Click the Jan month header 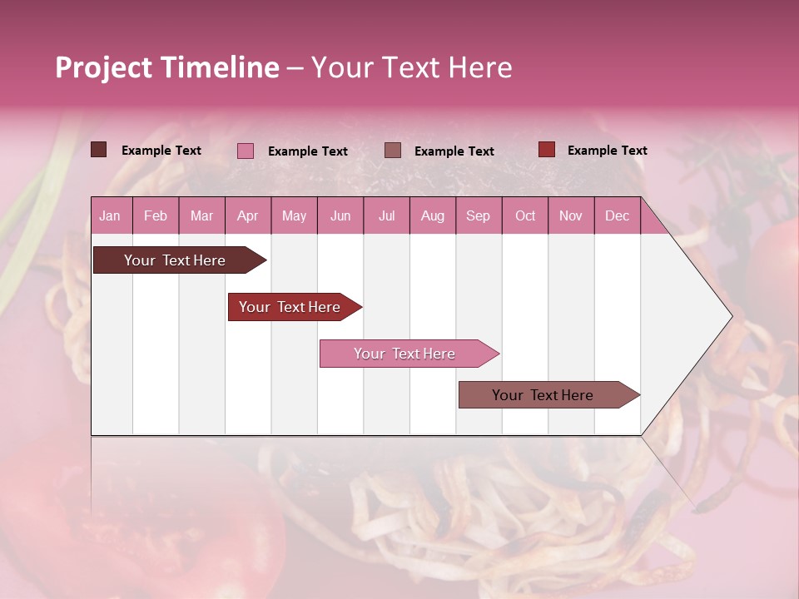(110, 216)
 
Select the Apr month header (247, 216)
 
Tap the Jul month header (386, 216)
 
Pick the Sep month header (478, 216)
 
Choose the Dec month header (617, 216)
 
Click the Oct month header (525, 216)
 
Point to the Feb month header (156, 216)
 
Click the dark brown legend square (99, 150)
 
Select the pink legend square (246, 151)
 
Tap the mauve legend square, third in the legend (393, 150)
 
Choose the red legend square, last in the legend (546, 150)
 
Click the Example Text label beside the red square (607, 151)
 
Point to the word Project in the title (104, 67)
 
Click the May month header (294, 216)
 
